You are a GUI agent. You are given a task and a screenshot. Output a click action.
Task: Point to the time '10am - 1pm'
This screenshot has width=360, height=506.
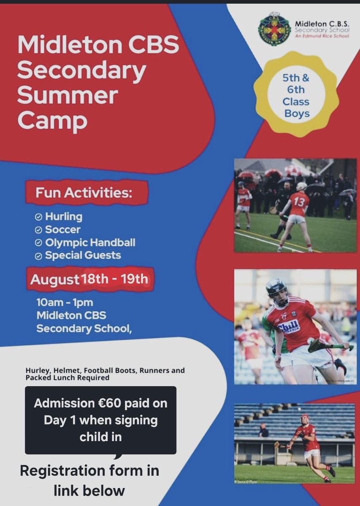tap(65, 303)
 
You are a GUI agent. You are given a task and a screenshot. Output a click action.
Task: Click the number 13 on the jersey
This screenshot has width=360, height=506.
tap(299, 202)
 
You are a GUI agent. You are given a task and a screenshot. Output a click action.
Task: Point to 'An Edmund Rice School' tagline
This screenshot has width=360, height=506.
tap(319, 38)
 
